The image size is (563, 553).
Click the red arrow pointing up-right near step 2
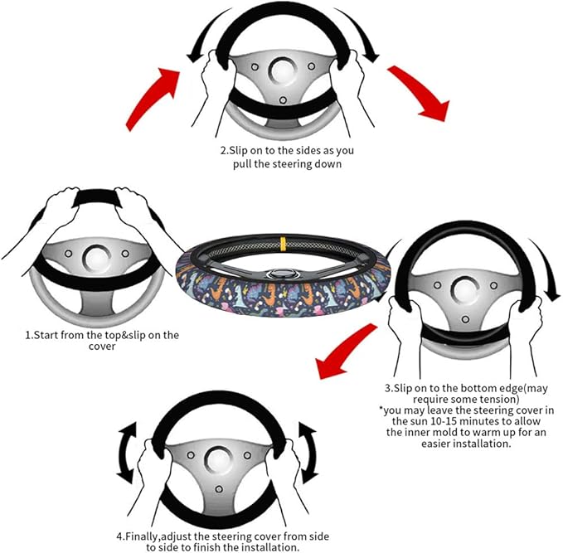(153, 99)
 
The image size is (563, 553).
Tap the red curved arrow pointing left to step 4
(346, 351)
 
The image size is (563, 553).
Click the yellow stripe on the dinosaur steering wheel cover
(283, 243)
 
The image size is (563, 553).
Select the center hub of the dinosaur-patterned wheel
(283, 274)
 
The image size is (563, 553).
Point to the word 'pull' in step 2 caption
(242, 164)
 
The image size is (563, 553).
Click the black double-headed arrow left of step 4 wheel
(127, 453)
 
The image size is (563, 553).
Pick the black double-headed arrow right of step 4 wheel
(308, 453)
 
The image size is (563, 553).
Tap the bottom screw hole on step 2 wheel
(283, 99)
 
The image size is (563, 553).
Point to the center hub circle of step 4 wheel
(218, 460)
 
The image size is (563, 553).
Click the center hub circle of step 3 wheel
(465, 290)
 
